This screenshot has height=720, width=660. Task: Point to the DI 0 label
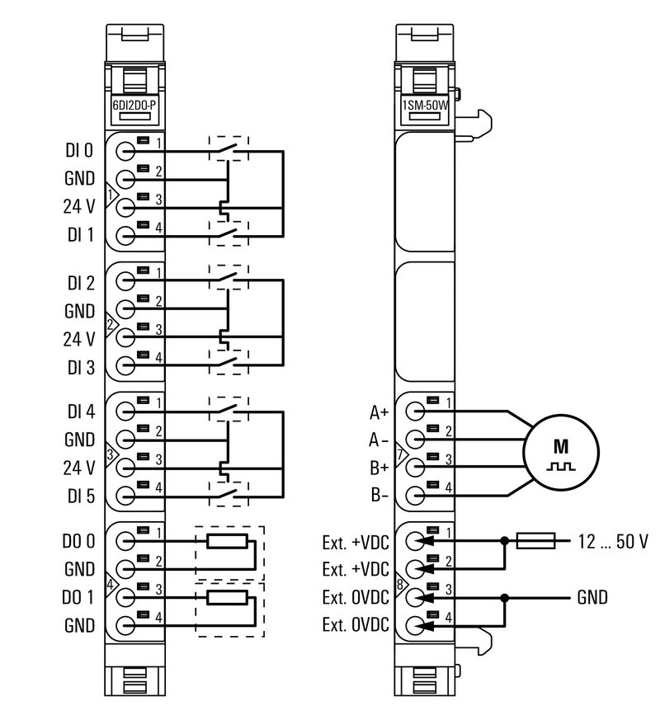[80, 151]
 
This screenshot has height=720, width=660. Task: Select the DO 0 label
[80, 542]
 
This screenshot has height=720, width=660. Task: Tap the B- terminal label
[379, 496]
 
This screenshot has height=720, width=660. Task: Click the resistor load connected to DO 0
[227, 542]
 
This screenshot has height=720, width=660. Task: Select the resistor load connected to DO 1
[227, 597]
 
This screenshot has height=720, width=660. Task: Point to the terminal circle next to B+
[417, 467]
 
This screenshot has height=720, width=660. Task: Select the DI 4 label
[80, 410]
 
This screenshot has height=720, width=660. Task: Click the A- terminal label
[379, 440]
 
